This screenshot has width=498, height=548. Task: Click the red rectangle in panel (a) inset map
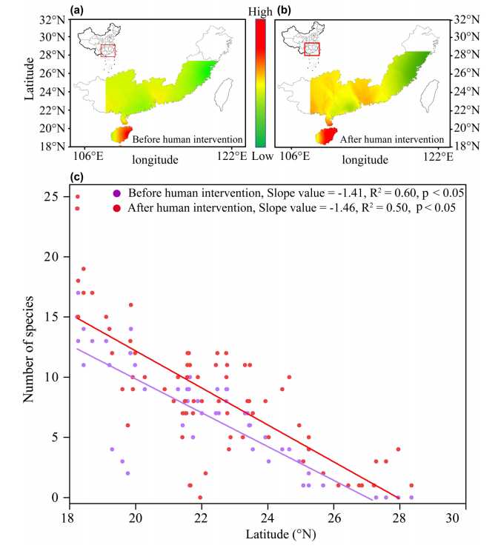tap(108, 50)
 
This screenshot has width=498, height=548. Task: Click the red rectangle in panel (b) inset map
tap(312, 49)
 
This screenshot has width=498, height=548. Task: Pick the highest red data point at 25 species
tap(77, 196)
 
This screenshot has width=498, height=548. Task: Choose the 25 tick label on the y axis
tap(52, 196)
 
